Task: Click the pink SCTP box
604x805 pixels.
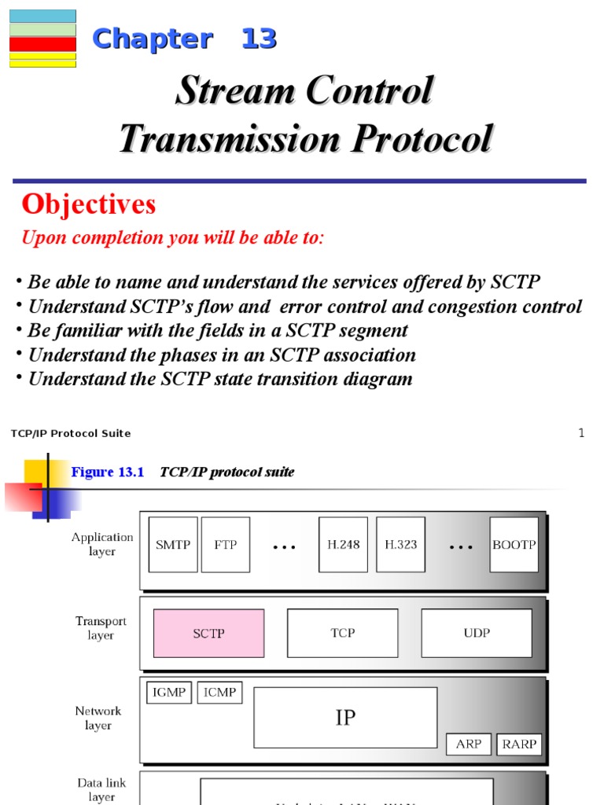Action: (208, 633)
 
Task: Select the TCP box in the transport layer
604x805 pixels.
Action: (342, 633)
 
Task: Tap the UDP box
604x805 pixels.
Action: (477, 633)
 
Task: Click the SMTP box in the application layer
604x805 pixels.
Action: (173, 545)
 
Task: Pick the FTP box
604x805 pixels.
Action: (226, 545)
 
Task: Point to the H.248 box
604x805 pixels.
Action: (343, 545)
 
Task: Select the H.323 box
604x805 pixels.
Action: (400, 545)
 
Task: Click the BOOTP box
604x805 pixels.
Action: (514, 545)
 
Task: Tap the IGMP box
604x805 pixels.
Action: (169, 693)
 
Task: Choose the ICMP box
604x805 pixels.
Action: (219, 693)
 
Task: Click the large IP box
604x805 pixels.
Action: (345, 717)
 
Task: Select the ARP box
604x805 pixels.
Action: (469, 744)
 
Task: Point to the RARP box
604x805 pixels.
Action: (519, 744)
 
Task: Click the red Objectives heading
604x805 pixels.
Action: (89, 204)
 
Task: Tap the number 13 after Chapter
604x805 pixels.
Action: (259, 39)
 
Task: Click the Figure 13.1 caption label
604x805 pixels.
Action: (109, 472)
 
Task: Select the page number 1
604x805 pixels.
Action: (581, 433)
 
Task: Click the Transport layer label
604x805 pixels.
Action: (101, 628)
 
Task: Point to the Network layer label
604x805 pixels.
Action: (98, 718)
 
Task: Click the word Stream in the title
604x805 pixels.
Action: (226, 91)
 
